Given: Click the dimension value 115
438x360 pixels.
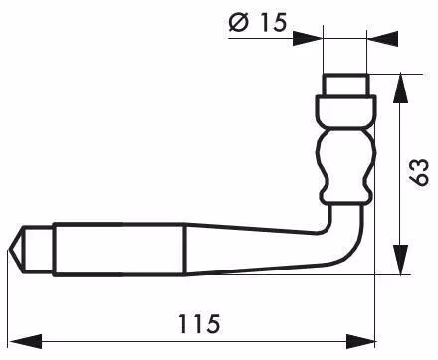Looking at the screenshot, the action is [199, 323].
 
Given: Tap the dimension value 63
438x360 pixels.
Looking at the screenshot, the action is [419, 172].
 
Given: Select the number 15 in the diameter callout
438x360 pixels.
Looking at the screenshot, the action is [273, 22].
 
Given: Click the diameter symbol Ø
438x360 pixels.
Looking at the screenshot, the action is [239, 23].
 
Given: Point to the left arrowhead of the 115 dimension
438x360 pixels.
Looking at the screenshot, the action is [26, 341].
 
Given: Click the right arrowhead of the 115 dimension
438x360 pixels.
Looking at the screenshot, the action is [361, 341].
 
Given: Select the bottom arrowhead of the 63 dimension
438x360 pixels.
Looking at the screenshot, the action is [400, 260].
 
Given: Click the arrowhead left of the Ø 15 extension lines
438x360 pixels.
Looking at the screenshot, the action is [308, 39].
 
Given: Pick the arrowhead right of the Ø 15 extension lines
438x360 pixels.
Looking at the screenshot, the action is [383, 39].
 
